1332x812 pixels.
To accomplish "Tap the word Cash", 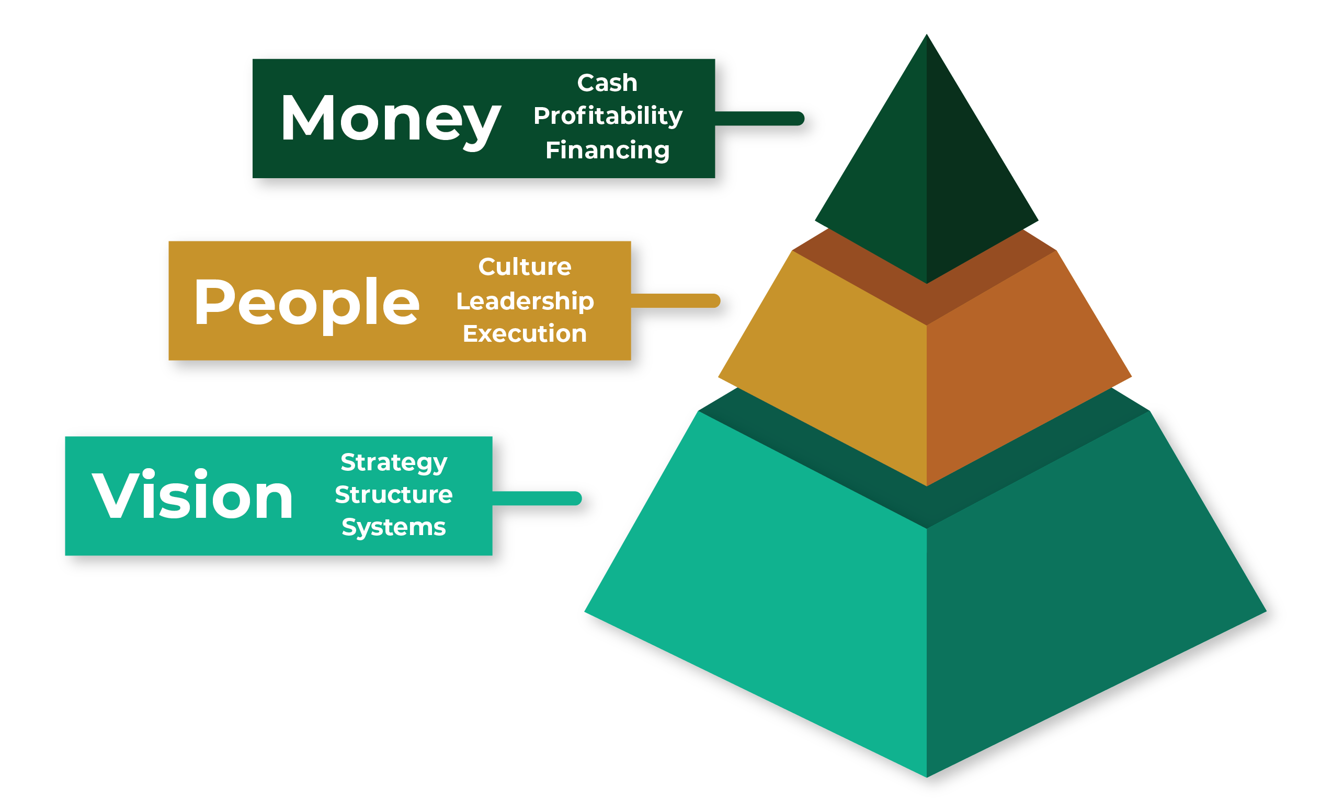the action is point(607,83).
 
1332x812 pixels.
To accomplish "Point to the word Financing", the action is point(607,150).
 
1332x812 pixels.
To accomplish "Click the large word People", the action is point(306,305).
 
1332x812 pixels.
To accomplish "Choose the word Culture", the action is point(525,267).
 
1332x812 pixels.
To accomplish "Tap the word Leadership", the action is point(525,301).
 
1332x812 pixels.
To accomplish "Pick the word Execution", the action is point(525,334).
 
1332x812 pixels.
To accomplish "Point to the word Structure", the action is point(394,495).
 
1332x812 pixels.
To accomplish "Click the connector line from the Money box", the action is point(759,118).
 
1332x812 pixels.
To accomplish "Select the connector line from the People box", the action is point(675,301).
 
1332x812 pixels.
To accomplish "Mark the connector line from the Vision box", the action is point(537,498).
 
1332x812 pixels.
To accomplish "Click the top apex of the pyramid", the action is point(927,34).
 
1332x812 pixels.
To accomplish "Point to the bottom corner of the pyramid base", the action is point(927,778).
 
